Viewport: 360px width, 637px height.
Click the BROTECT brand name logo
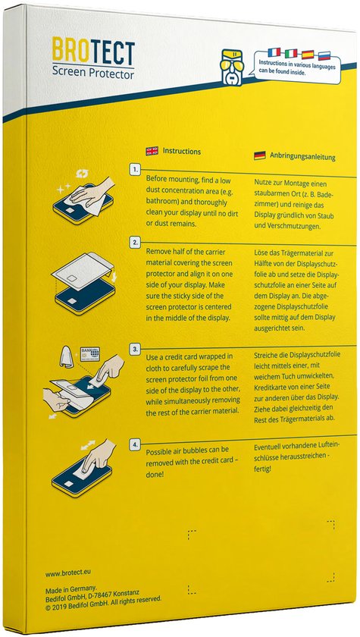tap(94, 53)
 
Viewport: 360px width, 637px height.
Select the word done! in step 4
tap(157, 474)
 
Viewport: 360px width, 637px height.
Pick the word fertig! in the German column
tap(264, 470)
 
